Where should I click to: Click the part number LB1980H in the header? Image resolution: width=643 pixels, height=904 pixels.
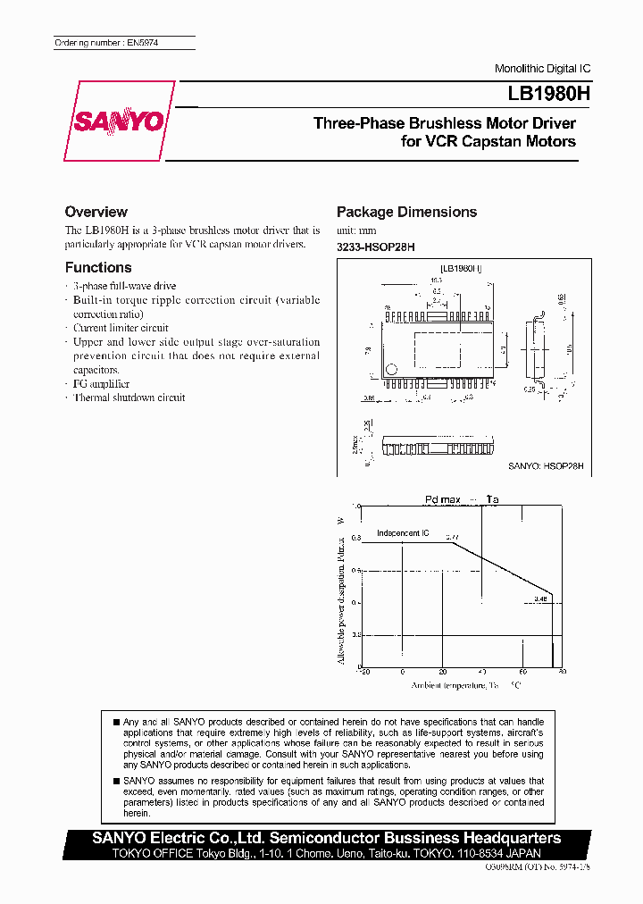tap(539, 93)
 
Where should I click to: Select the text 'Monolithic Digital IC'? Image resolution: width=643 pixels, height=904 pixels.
tap(542, 70)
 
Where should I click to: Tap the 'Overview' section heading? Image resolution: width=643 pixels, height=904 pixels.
tap(96, 212)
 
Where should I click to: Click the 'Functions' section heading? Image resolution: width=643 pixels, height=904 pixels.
tap(98, 267)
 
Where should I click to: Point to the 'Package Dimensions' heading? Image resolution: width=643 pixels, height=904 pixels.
tap(406, 212)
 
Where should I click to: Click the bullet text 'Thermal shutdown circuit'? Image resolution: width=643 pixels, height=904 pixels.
tap(129, 398)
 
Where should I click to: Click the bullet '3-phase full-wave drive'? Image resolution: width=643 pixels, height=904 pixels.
tap(124, 286)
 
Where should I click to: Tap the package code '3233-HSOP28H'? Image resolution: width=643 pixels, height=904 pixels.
tap(376, 246)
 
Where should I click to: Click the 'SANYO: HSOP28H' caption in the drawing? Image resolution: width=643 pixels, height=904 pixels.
tap(546, 465)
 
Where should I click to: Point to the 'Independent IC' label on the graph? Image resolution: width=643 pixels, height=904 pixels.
tap(403, 533)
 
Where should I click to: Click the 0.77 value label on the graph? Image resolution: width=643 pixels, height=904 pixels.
tap(451, 536)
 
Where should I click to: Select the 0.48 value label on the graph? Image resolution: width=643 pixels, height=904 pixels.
tap(540, 599)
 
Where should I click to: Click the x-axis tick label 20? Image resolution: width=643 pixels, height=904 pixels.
tap(443, 671)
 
